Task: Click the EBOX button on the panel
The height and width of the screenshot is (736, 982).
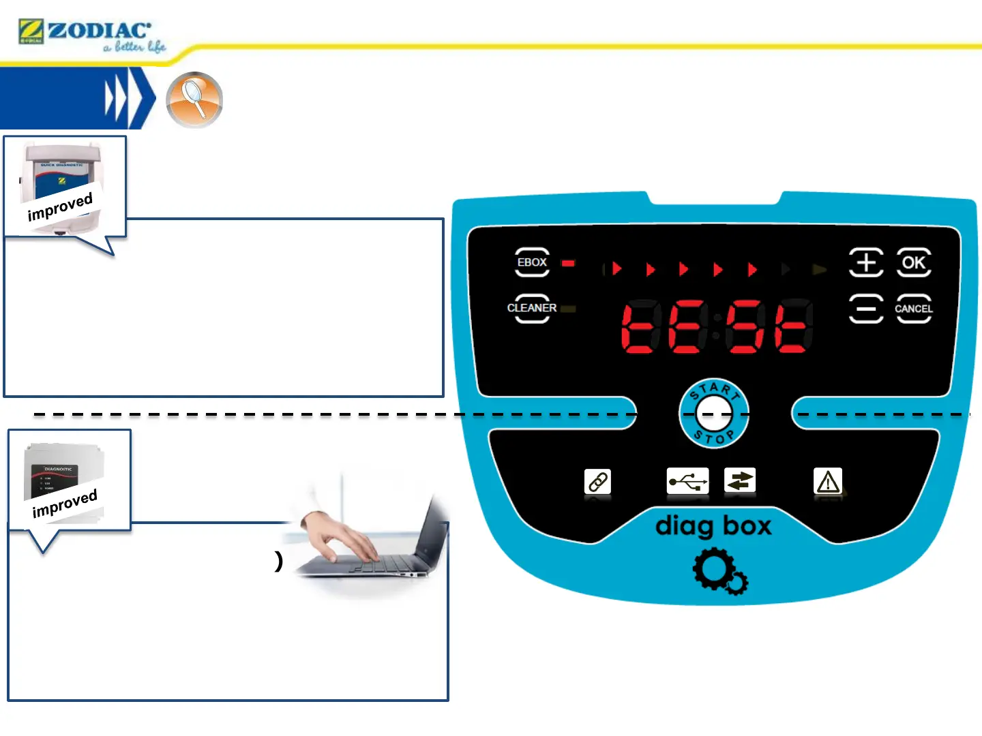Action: (532, 262)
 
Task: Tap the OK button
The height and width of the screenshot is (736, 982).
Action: (914, 262)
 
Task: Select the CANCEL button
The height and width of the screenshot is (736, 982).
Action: (914, 309)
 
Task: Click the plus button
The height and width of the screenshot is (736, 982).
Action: (866, 262)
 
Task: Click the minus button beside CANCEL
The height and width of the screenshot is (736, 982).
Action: (866, 309)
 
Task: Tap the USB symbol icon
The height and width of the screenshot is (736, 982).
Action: (687, 481)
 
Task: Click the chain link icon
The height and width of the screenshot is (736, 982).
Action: (598, 482)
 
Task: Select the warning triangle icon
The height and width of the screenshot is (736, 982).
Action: (828, 482)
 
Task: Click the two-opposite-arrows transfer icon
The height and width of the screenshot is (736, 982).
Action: (740, 481)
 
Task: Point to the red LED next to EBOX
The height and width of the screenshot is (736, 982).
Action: (568, 263)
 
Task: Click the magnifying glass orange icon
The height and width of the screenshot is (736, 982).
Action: (194, 99)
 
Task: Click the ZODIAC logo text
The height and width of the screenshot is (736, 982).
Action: (99, 31)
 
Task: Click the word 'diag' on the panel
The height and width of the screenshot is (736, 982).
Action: (684, 527)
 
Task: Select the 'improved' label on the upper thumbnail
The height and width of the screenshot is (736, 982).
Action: (60, 206)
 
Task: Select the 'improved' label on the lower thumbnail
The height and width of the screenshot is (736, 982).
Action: (65, 503)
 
